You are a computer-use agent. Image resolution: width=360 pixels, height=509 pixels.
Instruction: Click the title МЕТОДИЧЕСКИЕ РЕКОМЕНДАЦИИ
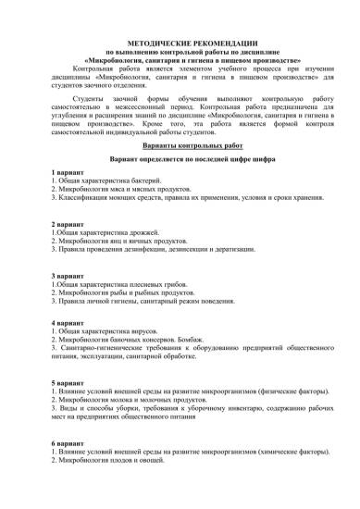180,44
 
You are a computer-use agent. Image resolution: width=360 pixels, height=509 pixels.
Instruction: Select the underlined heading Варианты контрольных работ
180,146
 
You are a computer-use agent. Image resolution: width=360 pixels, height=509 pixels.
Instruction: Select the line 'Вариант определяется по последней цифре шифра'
180,160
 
